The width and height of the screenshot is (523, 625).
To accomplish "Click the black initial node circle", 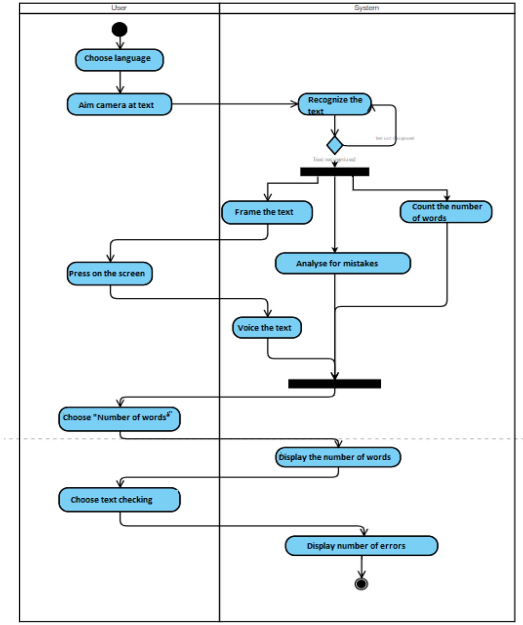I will point(119,29).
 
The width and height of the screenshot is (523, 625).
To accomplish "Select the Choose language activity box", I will point(119,60).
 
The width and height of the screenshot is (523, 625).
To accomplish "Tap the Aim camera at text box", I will point(119,105).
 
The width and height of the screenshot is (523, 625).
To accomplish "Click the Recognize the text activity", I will point(335,104).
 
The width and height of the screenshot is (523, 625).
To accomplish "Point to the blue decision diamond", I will point(335,145).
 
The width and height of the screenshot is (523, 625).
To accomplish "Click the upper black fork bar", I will point(335,172).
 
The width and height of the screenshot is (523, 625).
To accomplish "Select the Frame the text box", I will point(267,212).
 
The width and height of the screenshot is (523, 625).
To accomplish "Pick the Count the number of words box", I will point(446,212).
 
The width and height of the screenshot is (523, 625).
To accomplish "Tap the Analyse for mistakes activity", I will point(343,263).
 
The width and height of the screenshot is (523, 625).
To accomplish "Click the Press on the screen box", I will point(109,273).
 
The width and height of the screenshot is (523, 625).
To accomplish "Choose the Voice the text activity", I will point(267,328).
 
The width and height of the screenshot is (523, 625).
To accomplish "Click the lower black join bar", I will point(335,384).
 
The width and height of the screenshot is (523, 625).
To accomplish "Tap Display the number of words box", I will point(338,457).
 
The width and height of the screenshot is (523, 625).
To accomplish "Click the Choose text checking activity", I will point(119,500).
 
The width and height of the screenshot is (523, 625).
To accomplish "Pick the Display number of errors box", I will point(361,546).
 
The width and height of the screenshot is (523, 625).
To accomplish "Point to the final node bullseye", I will point(361,584).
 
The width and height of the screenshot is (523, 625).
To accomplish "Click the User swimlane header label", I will point(119,8).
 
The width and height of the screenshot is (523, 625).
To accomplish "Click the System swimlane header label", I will point(367,8).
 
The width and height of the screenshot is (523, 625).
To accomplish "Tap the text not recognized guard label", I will point(395,138).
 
